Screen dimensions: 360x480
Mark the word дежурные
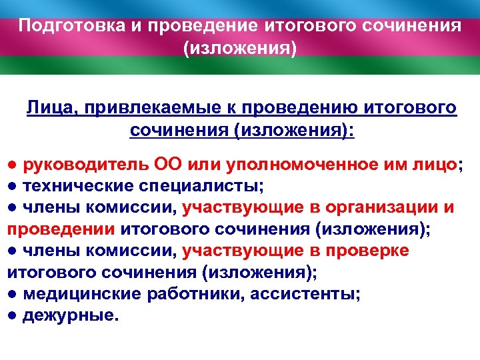click(69, 315)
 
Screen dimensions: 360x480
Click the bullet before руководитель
click(12, 165)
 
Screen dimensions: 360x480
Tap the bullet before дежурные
click(12, 315)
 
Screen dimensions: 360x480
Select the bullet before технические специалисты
click(12, 186)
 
